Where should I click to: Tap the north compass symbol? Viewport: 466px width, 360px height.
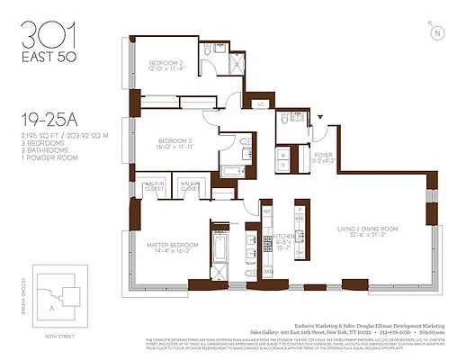438,34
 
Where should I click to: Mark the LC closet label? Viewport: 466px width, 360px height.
262,104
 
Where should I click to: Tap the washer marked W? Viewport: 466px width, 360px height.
284,153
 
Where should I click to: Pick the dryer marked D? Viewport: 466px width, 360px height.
284,166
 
